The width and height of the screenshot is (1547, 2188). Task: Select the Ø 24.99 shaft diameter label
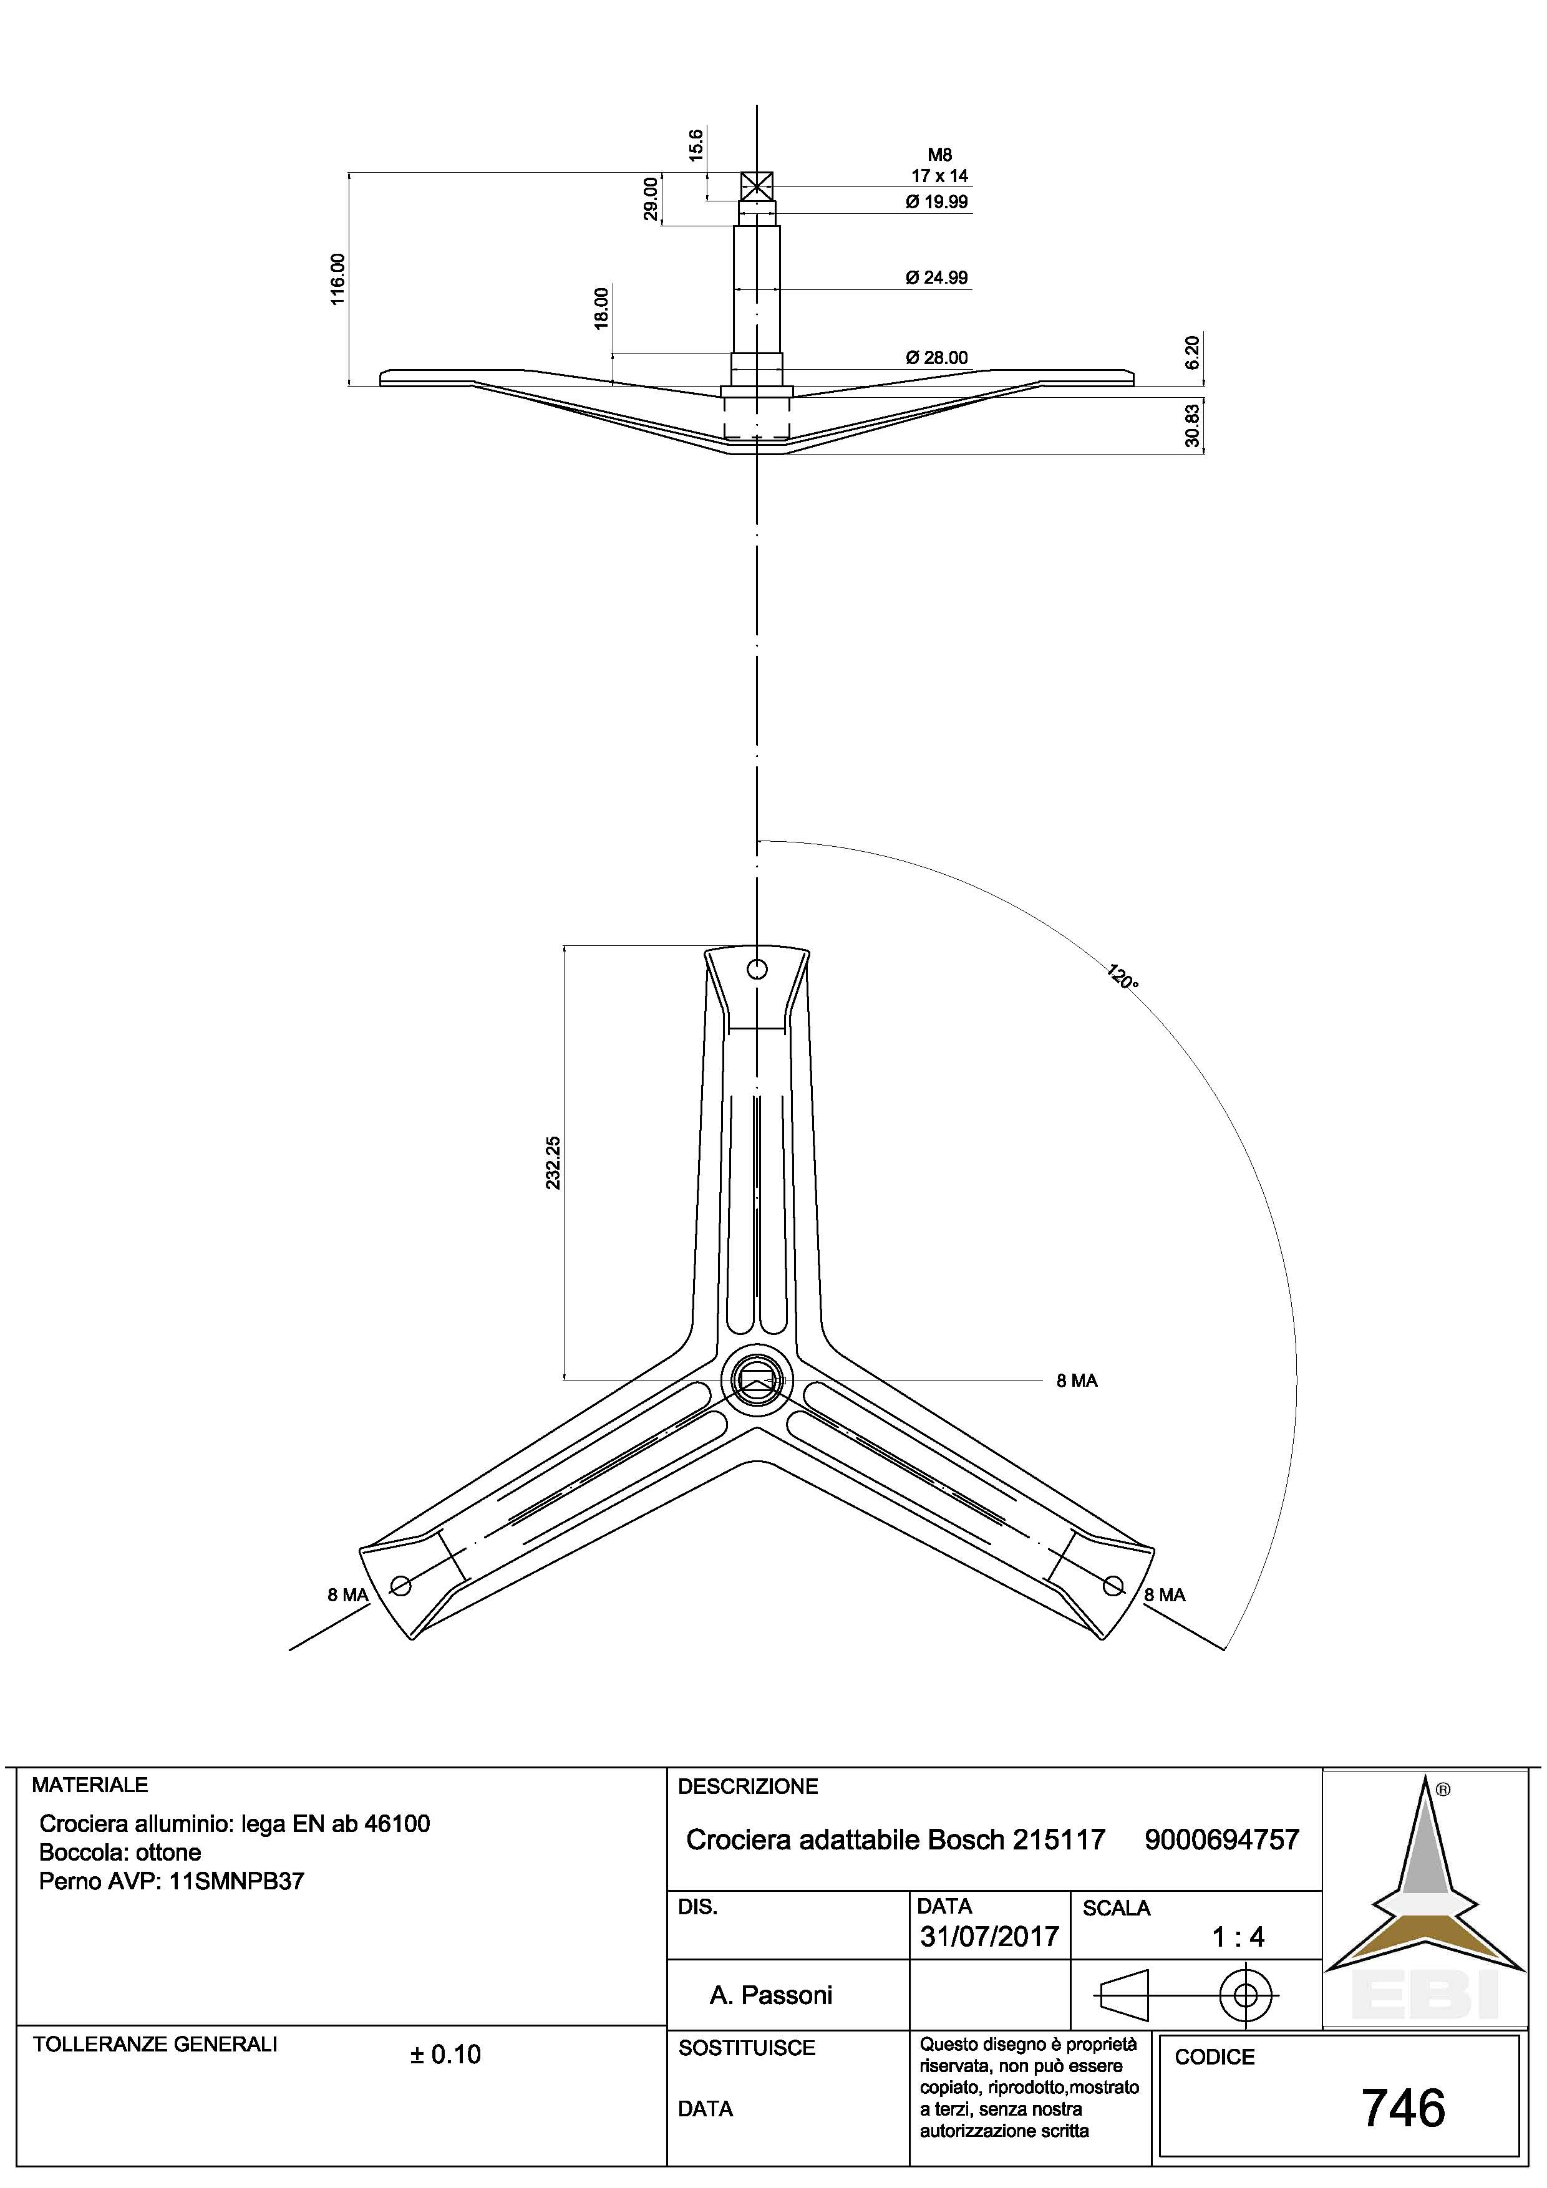point(937,278)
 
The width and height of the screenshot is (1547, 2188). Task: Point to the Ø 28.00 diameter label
point(937,357)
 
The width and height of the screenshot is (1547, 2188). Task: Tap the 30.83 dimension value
point(1193,426)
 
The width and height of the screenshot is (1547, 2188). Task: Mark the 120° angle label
point(1122,978)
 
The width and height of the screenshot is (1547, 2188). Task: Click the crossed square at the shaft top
point(757,186)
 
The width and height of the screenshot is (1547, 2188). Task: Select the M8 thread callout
point(940,155)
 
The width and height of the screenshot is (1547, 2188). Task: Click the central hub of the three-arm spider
point(757,1379)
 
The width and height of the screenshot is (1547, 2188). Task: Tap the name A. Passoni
point(770,1995)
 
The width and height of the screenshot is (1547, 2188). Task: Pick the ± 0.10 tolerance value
point(445,2055)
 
